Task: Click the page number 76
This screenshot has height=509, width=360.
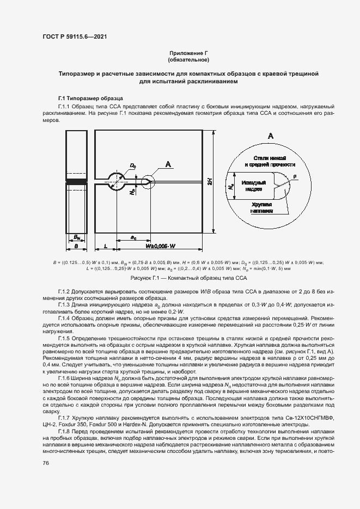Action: coord(45,463)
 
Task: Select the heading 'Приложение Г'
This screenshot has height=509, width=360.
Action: coord(188,52)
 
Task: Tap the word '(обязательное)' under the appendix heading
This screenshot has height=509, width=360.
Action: coord(188,59)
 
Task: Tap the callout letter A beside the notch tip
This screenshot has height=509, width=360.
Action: coord(168,164)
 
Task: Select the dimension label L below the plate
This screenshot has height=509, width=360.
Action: coord(105,247)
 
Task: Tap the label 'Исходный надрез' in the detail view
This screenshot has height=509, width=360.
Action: coord(255,186)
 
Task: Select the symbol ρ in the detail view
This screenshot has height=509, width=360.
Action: coord(294,176)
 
